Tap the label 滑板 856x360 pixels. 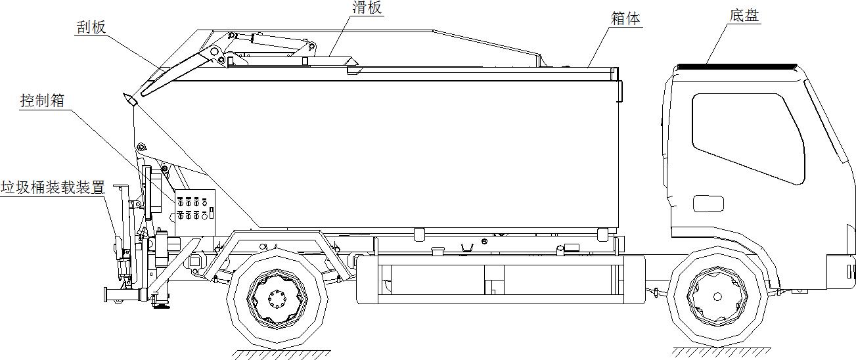[366, 8]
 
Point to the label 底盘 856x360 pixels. [744, 16]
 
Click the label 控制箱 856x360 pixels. [43, 101]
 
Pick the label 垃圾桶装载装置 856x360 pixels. [53, 187]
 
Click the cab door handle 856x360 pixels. [708, 204]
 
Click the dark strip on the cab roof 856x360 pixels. [736, 67]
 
